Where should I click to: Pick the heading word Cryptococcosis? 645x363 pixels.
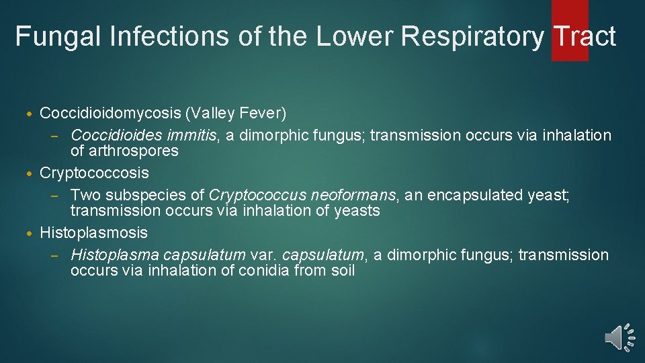click(94, 173)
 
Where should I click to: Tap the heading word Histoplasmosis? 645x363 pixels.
click(93, 233)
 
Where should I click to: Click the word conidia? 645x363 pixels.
click(255, 271)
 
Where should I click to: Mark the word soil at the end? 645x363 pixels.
click(341, 271)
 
